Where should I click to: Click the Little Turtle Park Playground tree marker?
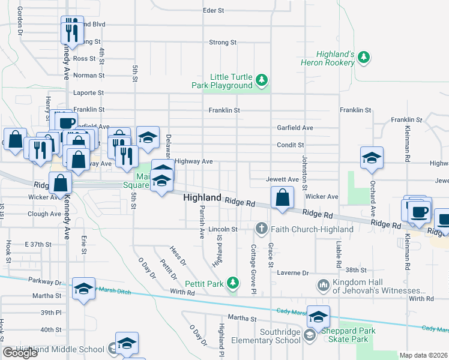(261, 80)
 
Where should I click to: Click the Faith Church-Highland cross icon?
(261, 229)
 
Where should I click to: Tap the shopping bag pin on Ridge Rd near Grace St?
(282, 197)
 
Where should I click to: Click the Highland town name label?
(203, 197)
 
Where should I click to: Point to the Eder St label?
(213, 11)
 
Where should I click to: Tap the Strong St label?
(223, 43)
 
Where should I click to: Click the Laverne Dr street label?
(293, 272)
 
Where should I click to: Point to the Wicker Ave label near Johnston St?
(322, 196)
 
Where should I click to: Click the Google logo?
(20, 353)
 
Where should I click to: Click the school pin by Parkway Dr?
(84, 289)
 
